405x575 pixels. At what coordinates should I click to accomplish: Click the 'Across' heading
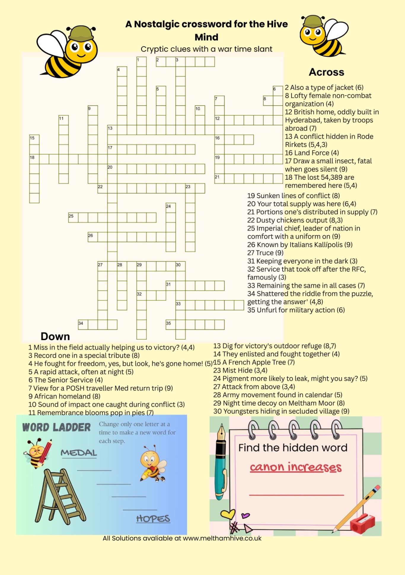click(x=326, y=72)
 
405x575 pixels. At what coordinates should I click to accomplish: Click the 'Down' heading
click(x=55, y=336)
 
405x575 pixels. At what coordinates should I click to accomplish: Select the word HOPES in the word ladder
click(x=153, y=519)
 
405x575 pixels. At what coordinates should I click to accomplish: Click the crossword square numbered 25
click(x=73, y=217)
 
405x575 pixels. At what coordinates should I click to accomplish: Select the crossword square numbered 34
click(x=83, y=325)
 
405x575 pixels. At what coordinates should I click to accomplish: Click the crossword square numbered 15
click(x=34, y=140)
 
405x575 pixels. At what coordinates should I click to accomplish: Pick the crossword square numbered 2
click(x=161, y=62)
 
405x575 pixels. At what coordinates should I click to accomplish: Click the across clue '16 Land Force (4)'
click(x=312, y=153)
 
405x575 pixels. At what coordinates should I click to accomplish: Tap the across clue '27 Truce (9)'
click(x=265, y=253)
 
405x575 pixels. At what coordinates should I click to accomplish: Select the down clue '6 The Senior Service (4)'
click(x=66, y=380)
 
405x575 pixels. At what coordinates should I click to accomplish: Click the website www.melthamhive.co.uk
click(x=222, y=538)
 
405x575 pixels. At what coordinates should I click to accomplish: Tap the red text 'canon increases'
click(x=296, y=467)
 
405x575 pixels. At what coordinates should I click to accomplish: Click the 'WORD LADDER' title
click(x=56, y=428)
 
